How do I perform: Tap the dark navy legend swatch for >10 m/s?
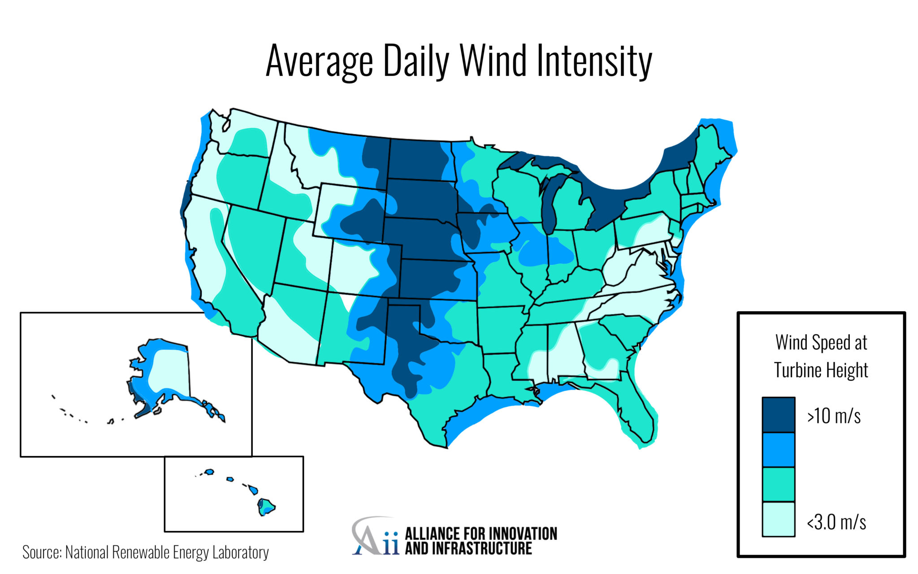[778, 414]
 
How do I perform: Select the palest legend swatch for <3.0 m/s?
[778, 519]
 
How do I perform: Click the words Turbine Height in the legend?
[821, 370]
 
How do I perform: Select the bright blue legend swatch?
[778, 449]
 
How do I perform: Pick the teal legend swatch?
[778, 484]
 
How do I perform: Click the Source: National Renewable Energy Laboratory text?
[145, 552]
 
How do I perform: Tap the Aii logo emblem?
[374, 537]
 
